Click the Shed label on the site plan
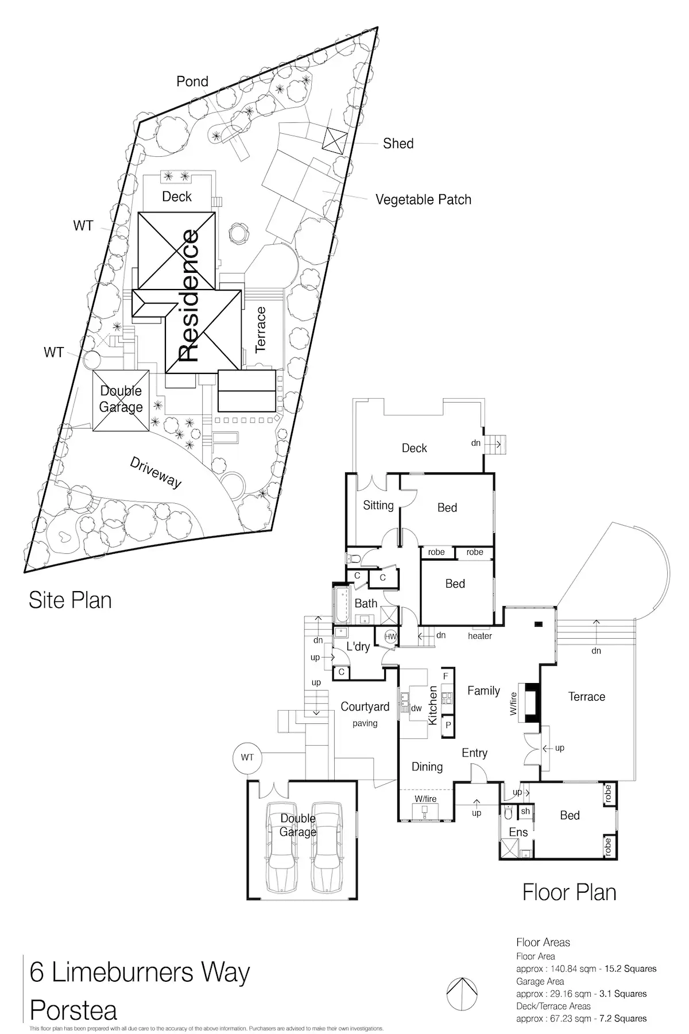point(398,144)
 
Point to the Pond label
point(192,82)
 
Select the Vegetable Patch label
point(423,200)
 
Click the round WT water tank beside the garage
point(247,758)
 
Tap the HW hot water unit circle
point(390,636)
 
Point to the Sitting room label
point(378,506)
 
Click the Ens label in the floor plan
point(518,832)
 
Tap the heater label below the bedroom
point(479,636)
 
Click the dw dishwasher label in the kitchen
point(417,708)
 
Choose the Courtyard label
point(365,707)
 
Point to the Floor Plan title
point(569,892)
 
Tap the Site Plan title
point(70,600)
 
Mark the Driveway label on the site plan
point(155,473)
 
